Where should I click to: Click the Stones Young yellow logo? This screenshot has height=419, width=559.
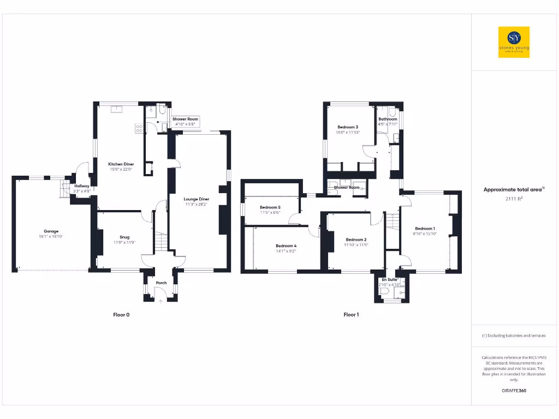pos(514,42)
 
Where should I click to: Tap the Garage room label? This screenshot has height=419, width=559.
pos(48,231)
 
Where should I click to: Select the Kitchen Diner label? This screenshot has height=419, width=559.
pos(121,164)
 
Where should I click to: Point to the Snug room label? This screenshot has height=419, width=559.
pos(125,237)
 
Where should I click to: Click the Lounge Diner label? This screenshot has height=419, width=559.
pos(197,199)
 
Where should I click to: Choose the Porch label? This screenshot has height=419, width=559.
pos(161,283)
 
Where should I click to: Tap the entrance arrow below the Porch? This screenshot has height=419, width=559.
pos(160,300)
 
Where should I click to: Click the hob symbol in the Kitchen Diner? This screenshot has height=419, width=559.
pos(139,129)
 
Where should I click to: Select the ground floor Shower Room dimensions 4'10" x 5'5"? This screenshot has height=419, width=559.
pos(185,124)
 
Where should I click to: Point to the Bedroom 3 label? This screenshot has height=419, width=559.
pos(348,127)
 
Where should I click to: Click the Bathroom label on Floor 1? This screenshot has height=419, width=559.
pos(388,119)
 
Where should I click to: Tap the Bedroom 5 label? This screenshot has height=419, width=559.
pos(270,207)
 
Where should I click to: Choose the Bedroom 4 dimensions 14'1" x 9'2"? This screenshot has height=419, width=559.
pos(286,251)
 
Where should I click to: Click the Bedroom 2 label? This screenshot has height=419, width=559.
pos(356,240)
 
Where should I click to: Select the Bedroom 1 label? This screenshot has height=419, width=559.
pos(425,229)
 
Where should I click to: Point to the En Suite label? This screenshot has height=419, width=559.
pos(390,279)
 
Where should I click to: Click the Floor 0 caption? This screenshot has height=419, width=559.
pos(121,315)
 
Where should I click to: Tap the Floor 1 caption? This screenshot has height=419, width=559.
pos(351,315)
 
